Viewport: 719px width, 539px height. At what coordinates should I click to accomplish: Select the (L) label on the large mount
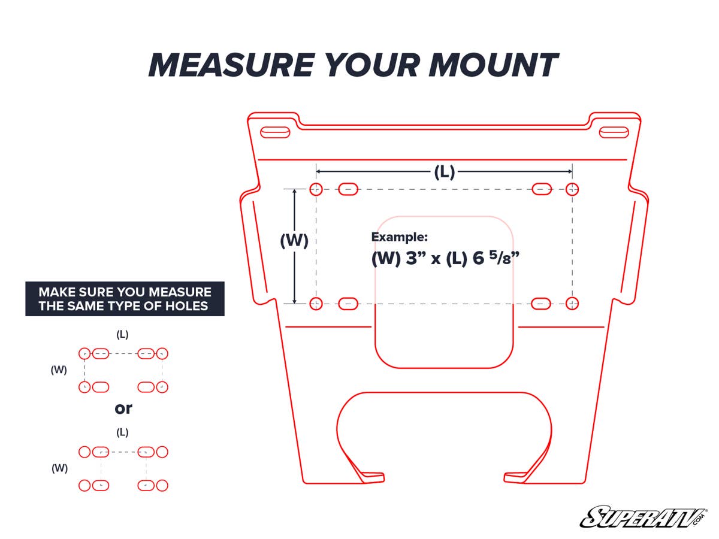(x=444, y=172)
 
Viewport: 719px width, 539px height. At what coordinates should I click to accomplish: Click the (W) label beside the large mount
(x=294, y=240)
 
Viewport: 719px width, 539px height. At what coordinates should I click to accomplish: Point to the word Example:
(x=400, y=237)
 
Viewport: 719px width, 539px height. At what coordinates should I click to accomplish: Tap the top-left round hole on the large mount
(x=316, y=189)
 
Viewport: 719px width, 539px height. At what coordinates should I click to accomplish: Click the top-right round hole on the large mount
(x=572, y=189)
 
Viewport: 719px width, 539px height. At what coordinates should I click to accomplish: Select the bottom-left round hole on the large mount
(x=316, y=303)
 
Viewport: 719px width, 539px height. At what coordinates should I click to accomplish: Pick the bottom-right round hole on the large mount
(x=572, y=303)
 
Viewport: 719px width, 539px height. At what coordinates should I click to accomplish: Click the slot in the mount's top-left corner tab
(x=274, y=132)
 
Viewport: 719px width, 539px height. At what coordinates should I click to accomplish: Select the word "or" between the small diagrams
(x=123, y=408)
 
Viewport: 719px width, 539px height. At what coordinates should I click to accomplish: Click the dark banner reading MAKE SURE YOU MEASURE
(x=125, y=299)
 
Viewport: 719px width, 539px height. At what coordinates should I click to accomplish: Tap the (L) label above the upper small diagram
(x=122, y=334)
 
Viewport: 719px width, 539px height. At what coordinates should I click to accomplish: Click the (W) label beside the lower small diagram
(x=59, y=468)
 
